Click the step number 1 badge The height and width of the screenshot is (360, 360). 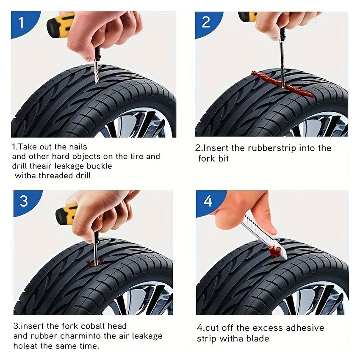pyautogui.click(x=21, y=22)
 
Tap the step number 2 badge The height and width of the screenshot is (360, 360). pyautogui.click(x=206, y=22)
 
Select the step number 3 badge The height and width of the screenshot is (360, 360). pyautogui.click(x=24, y=201)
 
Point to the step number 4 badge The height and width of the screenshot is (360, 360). pyautogui.click(x=208, y=201)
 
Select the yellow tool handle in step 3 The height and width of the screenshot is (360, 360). pyautogui.click(x=67, y=213)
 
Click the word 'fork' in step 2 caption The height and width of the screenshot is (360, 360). pyautogui.click(x=207, y=159)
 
